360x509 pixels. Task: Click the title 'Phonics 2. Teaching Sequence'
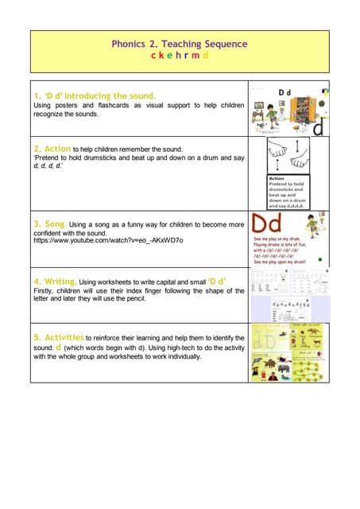click(180, 44)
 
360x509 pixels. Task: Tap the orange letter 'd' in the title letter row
click(205, 56)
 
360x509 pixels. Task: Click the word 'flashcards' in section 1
click(106, 105)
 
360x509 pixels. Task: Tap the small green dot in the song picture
click(319, 259)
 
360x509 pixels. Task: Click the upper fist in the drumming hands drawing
click(279, 147)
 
